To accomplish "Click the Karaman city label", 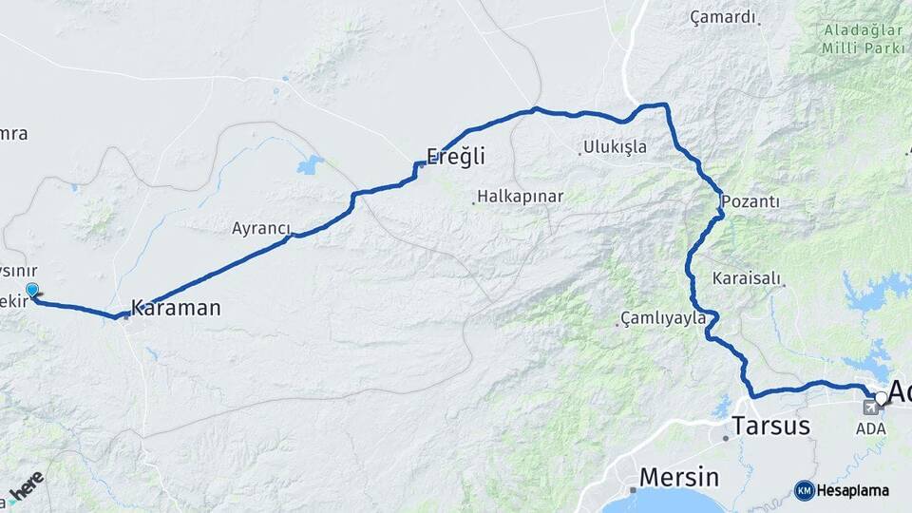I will (176, 308).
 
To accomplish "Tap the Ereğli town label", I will (456, 157).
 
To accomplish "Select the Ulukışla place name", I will (616, 147).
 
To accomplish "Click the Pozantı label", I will (750, 201).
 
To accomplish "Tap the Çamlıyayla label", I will (663, 318).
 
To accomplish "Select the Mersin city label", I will (679, 476).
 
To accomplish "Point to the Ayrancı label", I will (260, 228).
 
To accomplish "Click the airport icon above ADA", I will (870, 408).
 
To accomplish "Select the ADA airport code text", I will (870, 428).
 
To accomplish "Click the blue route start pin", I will (32, 290).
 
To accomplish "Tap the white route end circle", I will (883, 397).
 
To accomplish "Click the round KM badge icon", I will (804, 490).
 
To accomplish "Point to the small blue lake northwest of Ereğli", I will (310, 166).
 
